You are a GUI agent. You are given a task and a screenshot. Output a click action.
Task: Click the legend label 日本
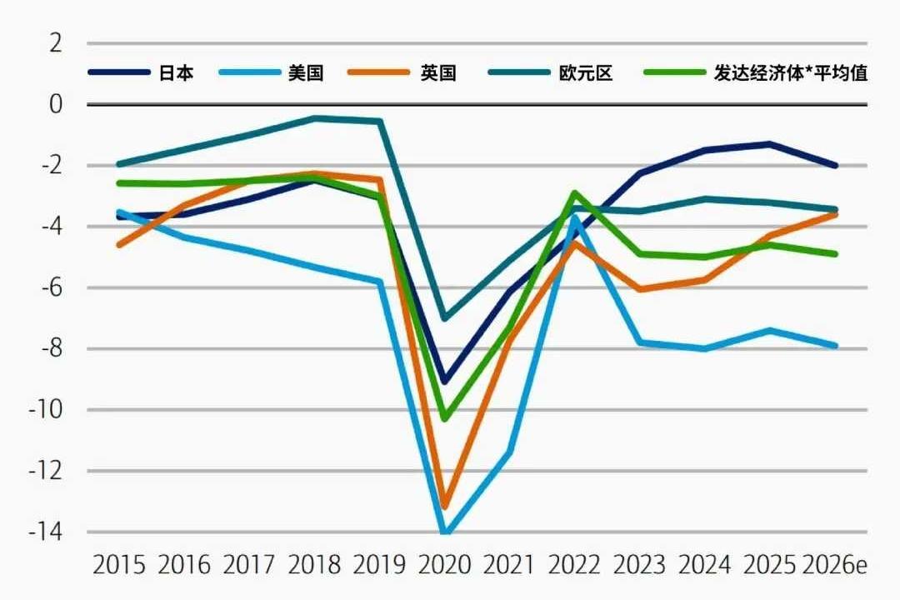(x=176, y=72)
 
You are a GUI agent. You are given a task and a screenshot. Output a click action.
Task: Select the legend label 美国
(x=305, y=72)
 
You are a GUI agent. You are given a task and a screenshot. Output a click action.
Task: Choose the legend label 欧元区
(x=586, y=72)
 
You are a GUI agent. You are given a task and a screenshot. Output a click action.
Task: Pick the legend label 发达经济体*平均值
(x=790, y=72)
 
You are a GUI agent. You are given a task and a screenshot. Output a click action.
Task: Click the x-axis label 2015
(x=119, y=565)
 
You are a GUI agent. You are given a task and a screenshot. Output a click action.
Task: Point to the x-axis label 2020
(x=444, y=565)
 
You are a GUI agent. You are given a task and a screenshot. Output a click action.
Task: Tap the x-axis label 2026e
(x=834, y=565)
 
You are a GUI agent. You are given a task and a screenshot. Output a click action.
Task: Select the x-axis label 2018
(x=314, y=565)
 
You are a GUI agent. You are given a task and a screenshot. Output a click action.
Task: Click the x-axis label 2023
(x=639, y=565)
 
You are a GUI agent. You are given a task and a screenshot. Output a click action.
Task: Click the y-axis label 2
(x=56, y=43)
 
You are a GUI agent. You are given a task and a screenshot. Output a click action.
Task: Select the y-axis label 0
(x=56, y=104)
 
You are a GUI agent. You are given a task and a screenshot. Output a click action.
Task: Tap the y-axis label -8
(x=47, y=348)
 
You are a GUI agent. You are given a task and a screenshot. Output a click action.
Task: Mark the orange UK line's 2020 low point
(x=445, y=506)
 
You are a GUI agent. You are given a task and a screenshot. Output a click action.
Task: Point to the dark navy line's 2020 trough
(x=445, y=381)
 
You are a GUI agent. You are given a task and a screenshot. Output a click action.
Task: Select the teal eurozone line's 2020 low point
(x=445, y=318)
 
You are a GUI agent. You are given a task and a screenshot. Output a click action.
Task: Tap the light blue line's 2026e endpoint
(x=835, y=345)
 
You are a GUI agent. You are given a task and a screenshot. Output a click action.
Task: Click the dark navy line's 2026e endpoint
(x=835, y=166)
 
